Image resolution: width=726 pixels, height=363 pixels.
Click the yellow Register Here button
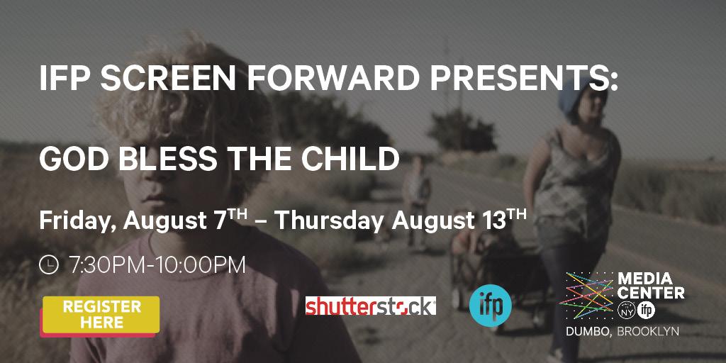click(x=101, y=314)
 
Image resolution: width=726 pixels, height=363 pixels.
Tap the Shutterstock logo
click(x=370, y=306)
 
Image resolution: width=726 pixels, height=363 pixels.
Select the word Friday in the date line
click(x=75, y=220)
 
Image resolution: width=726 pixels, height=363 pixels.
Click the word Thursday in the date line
click(x=331, y=220)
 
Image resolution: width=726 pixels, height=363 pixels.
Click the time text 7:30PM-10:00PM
click(x=157, y=265)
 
